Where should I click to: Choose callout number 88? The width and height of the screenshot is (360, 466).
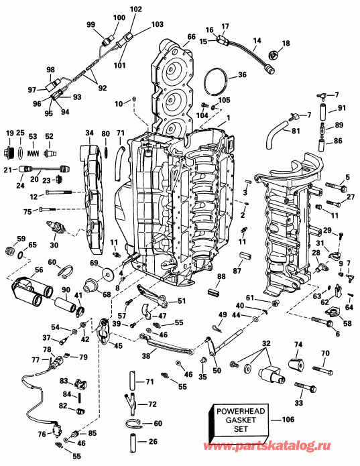221,277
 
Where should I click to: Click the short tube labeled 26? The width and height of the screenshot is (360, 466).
133,443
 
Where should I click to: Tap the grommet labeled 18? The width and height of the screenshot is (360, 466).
274,54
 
